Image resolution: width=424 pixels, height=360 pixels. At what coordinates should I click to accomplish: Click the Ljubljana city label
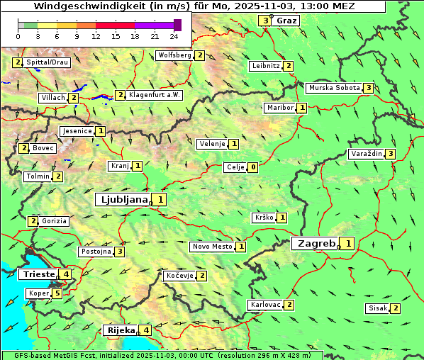pyautogui.click(x=122, y=200)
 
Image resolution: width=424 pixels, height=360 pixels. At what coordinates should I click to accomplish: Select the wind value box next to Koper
pyautogui.click(x=57, y=293)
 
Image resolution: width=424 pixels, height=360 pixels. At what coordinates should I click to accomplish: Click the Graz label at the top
pyautogui.click(x=287, y=21)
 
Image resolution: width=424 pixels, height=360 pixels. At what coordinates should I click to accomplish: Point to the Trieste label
pyautogui.click(x=38, y=274)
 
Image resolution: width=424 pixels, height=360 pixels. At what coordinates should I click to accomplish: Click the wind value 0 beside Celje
pyautogui.click(x=253, y=167)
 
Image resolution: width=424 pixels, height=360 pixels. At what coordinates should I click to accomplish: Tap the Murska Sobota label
pyautogui.click(x=333, y=88)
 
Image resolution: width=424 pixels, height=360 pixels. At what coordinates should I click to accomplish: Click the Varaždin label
pyautogui.click(x=367, y=154)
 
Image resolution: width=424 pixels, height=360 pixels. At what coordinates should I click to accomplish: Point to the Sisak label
pyautogui.click(x=376, y=308)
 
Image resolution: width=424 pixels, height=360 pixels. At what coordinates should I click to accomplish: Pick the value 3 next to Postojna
pyautogui.click(x=121, y=252)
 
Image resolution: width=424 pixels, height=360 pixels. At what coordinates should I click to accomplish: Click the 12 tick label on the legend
pyautogui.click(x=96, y=36)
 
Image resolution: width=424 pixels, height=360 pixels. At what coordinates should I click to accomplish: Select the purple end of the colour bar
pyautogui.click(x=177, y=25)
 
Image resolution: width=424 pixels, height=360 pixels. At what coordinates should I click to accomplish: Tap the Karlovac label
pyautogui.click(x=265, y=305)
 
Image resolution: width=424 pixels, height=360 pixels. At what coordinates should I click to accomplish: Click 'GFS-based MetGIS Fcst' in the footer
pyautogui.click(x=50, y=355)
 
